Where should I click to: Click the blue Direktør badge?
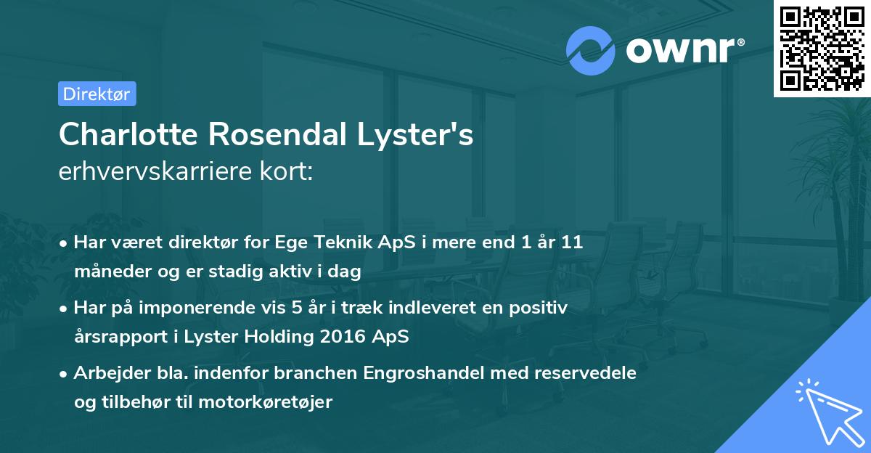tap(97, 94)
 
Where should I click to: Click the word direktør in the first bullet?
tap(212, 242)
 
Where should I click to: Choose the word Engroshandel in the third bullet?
tap(379, 373)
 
